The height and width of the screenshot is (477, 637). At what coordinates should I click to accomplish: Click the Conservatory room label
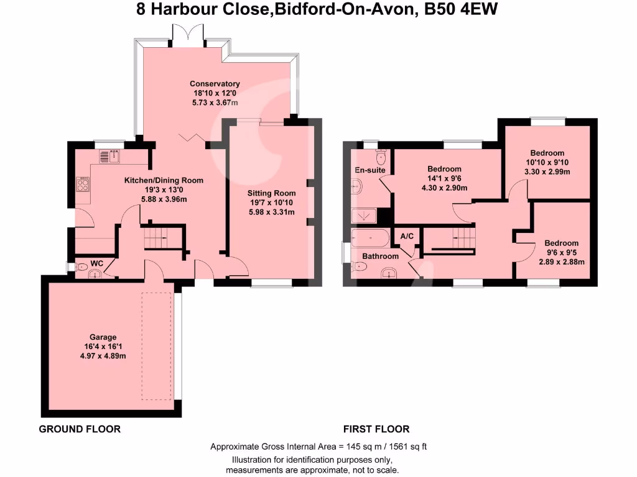[215, 84]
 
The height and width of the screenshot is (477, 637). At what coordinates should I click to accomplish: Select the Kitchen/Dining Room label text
[164, 180]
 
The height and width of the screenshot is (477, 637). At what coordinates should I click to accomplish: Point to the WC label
[96, 263]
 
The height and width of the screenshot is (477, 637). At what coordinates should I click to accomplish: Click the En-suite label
[370, 170]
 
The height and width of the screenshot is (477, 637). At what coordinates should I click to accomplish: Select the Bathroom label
[380, 256]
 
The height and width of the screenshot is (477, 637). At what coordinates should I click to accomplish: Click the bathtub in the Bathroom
[370, 238]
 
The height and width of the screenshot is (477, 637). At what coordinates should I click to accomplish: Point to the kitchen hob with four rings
[83, 184]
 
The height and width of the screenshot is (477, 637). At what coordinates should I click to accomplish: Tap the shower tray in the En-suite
[365, 216]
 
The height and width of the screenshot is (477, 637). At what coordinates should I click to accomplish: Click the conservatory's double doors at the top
[188, 35]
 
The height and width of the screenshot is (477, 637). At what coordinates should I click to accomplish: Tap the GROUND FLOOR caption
[80, 429]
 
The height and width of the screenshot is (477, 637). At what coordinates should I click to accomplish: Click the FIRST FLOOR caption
[376, 429]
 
